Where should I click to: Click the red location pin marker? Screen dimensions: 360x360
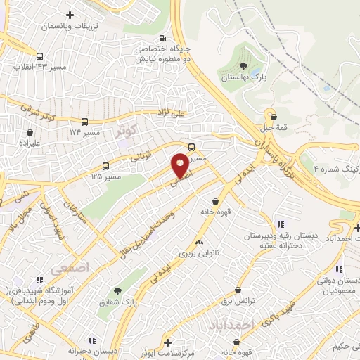point(181,165)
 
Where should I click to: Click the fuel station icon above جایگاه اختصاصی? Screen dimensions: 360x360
point(164,39)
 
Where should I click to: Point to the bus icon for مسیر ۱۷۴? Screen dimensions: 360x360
point(84,122)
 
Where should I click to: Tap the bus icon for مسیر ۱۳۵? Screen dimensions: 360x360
point(105,167)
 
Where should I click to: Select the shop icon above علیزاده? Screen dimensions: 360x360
point(30,131)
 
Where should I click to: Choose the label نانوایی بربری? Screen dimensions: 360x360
point(199,251)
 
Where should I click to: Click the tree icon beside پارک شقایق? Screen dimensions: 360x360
point(117,290)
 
